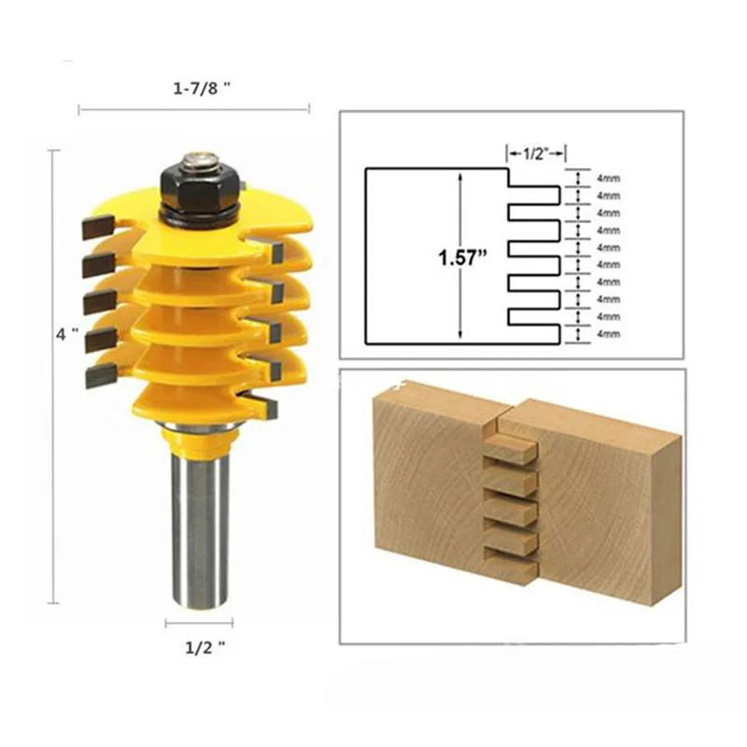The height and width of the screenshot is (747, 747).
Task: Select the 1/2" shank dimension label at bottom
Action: (197, 644)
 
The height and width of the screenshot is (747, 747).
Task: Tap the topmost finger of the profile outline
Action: (534, 194)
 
